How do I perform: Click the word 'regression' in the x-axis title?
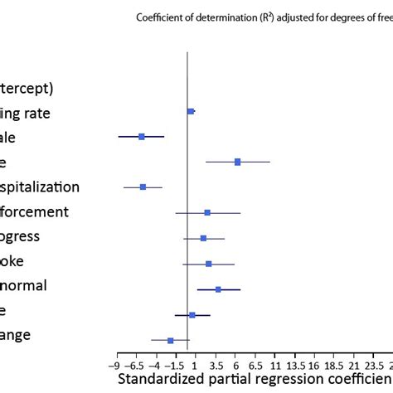(x=293, y=379)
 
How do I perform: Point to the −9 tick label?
(x=114, y=365)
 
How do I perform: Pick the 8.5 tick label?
(x=255, y=365)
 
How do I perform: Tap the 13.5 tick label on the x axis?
(x=295, y=365)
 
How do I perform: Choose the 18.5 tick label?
(x=335, y=365)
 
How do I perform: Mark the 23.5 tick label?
(x=375, y=365)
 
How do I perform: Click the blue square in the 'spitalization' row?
(x=143, y=187)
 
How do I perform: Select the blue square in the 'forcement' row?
(x=207, y=213)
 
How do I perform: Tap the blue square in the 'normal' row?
(x=218, y=289)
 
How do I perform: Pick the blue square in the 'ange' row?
(x=171, y=340)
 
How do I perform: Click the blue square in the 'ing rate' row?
(x=191, y=111)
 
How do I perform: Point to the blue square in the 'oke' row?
(x=209, y=264)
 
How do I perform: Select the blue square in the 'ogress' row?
(x=203, y=238)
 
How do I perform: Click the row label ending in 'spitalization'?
(x=51, y=187)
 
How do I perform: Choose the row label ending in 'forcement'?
(x=46, y=212)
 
